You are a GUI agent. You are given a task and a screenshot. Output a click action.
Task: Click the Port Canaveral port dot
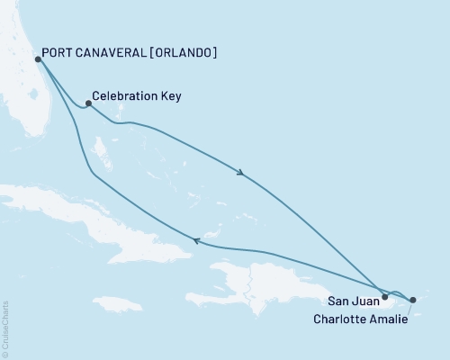pyautogui.click(x=37, y=59)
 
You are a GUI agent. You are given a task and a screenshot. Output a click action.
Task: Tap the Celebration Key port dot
pyautogui.click(x=87, y=103)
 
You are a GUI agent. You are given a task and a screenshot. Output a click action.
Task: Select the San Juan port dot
pyautogui.click(x=384, y=296)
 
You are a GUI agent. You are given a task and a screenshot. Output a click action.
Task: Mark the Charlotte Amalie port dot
pyautogui.click(x=412, y=301)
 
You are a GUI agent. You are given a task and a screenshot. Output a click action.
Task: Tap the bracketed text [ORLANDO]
pyautogui.click(x=184, y=52)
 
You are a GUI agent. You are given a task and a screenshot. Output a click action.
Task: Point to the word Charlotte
pyautogui.click(x=343, y=318)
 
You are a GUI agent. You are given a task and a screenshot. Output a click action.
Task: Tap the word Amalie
pyautogui.click(x=390, y=318)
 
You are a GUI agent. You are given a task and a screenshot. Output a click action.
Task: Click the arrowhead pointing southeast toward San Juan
pyautogui.click(x=240, y=173)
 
